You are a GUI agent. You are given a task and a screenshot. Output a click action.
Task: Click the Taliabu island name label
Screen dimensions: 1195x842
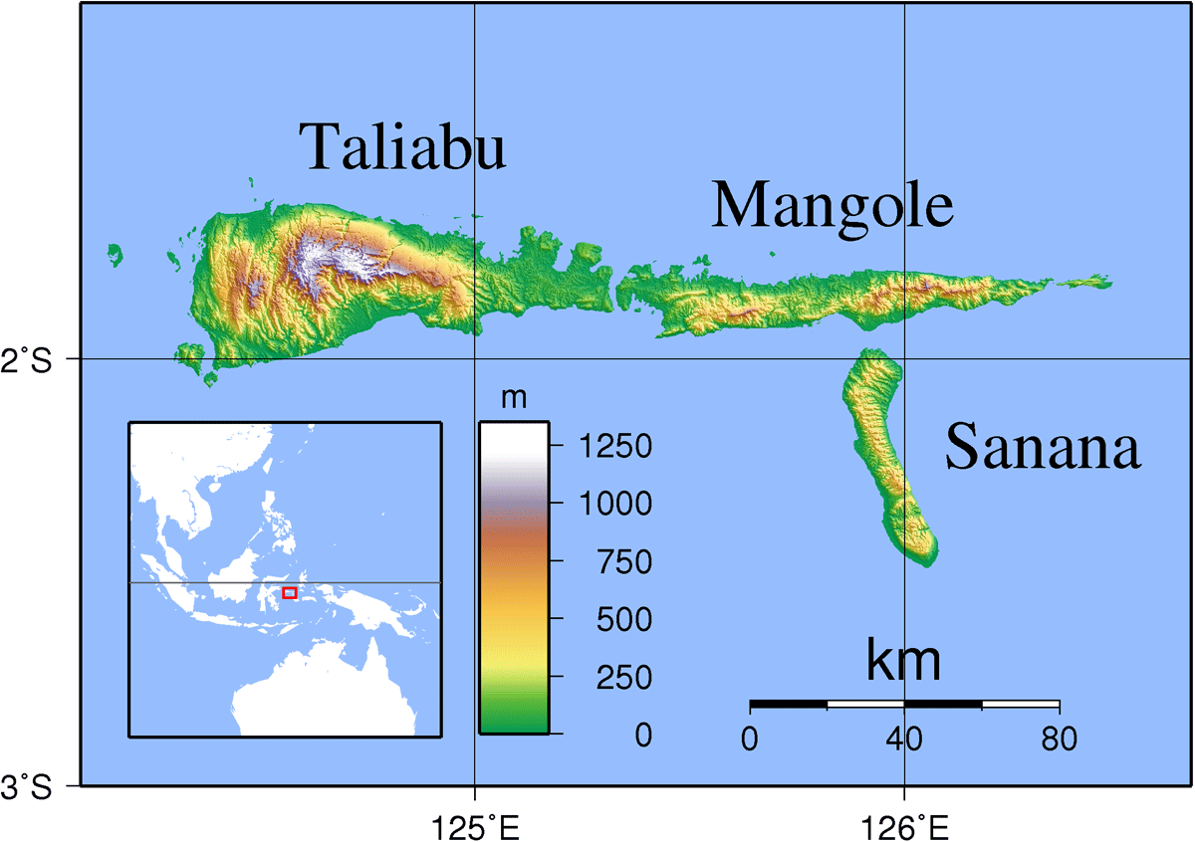[403, 147]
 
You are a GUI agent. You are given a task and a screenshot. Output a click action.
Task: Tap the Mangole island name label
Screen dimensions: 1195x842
[833, 206]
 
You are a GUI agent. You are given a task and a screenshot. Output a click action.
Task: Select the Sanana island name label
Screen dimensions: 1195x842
[1042, 448]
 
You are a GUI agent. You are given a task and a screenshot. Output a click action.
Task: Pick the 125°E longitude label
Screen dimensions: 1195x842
[475, 825]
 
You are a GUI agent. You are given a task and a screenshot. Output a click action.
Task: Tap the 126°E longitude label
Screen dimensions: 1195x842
[904, 825]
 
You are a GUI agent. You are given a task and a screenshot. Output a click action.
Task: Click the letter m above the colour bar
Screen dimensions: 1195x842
[514, 398]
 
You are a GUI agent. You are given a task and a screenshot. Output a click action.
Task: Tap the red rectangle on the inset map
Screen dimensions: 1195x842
[290, 593]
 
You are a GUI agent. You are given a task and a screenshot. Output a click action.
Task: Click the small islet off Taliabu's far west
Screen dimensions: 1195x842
[116, 255]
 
